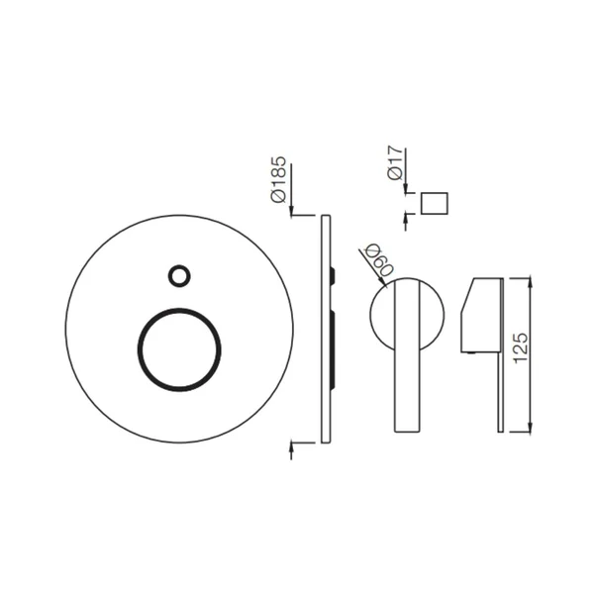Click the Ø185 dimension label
tap(278, 179)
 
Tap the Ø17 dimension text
tap(394, 162)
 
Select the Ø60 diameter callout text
tap(378, 259)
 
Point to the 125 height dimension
tap(521, 348)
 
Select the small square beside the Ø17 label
tap(435, 203)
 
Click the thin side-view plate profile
tap(326, 329)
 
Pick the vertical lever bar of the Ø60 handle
tap(408, 355)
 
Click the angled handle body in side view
tap(481, 316)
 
